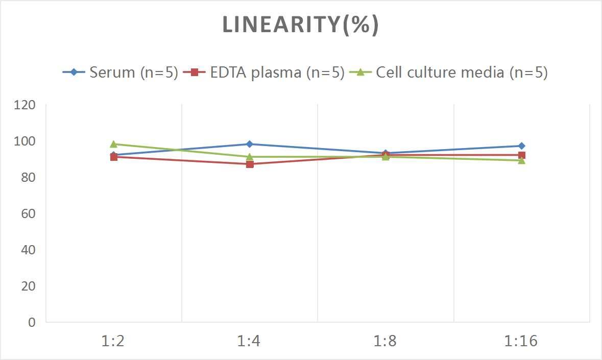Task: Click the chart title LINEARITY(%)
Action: click(300, 25)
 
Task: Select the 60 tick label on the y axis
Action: click(28, 213)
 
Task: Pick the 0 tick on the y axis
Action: click(32, 322)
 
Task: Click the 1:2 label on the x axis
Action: click(113, 341)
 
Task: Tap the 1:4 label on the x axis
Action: click(249, 341)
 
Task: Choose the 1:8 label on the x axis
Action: click(386, 341)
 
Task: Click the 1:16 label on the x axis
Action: click(521, 341)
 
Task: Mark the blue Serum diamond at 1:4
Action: click(250, 144)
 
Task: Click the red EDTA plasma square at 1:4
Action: click(250, 164)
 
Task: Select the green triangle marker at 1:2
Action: click(113, 144)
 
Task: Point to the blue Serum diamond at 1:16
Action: click(521, 146)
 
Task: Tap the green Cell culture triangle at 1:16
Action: click(521, 160)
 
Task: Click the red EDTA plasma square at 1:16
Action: click(521, 155)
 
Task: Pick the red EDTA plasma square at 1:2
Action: click(114, 157)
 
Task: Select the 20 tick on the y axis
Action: click(28, 286)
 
